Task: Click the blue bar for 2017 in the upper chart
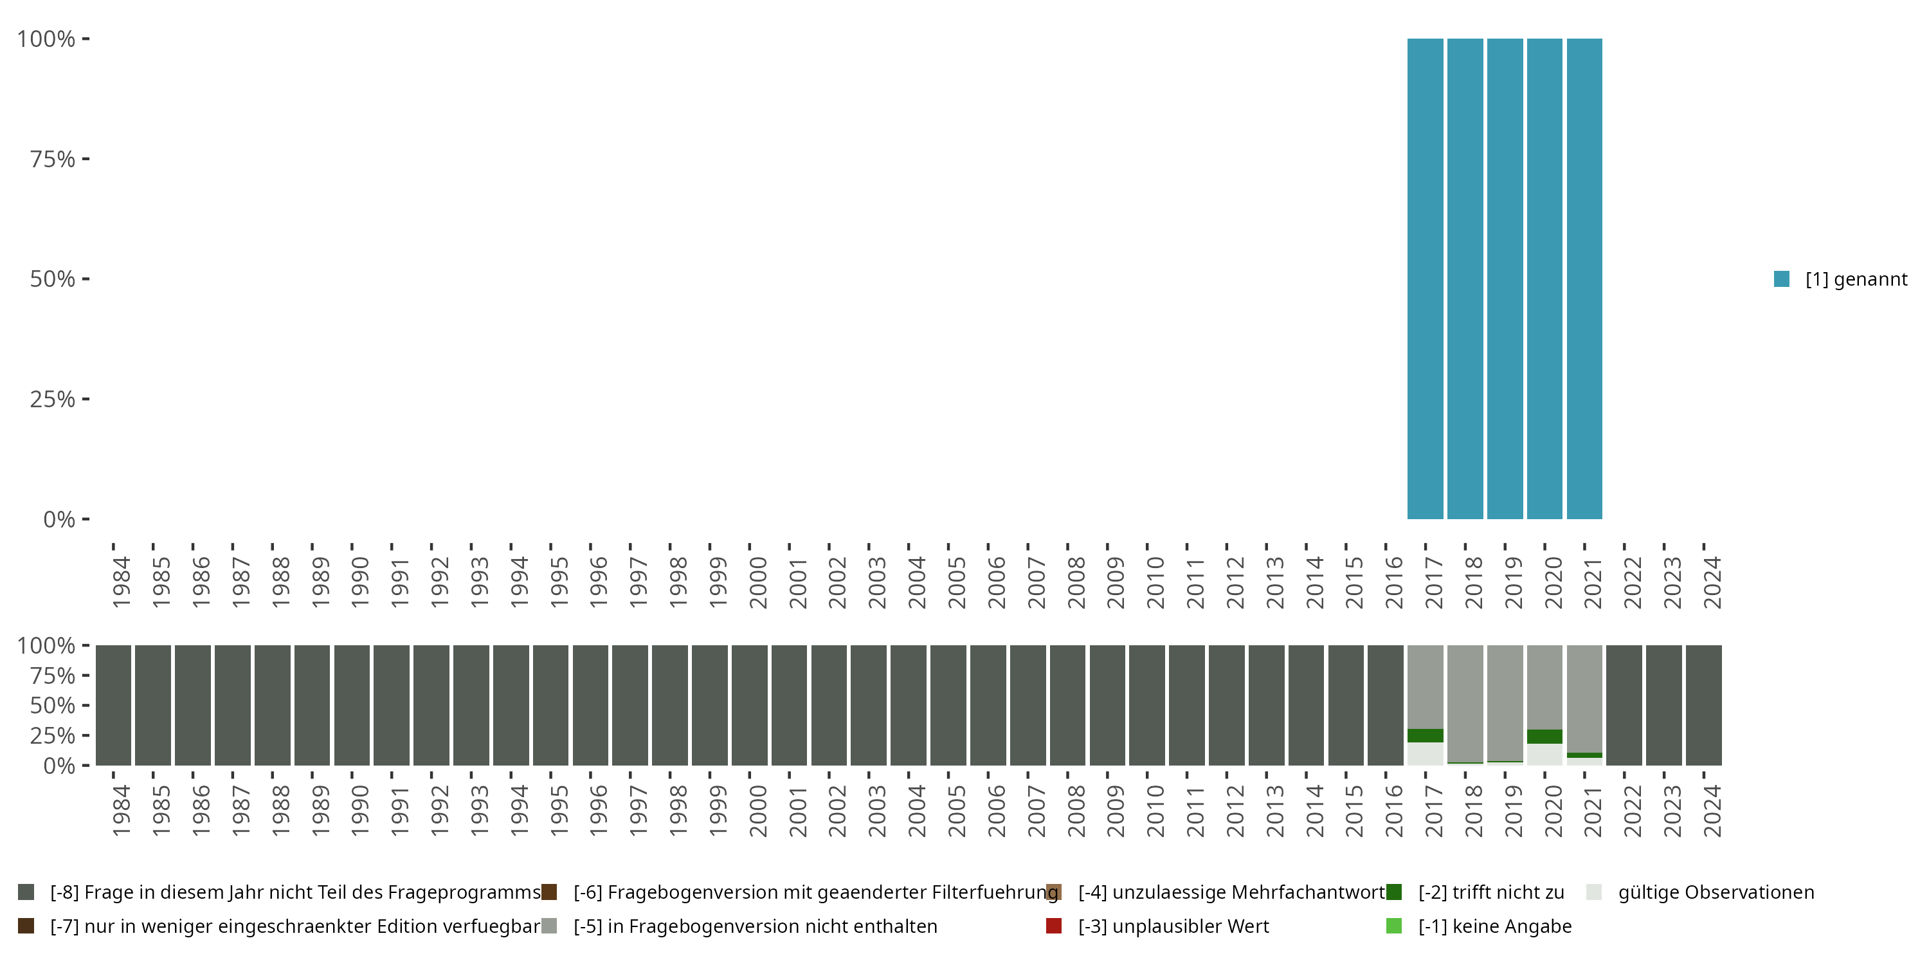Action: pyautogui.click(x=1425, y=279)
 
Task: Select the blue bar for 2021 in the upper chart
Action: pyautogui.click(x=1584, y=279)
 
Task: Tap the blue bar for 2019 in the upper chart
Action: pyautogui.click(x=1505, y=279)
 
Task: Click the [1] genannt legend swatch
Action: pyautogui.click(x=1782, y=279)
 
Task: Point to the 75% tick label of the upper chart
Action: pyautogui.click(x=53, y=159)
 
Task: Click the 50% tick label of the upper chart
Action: pyautogui.click(x=53, y=279)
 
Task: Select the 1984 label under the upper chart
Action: pyautogui.click(x=122, y=582)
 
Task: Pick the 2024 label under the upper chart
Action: pyautogui.click(x=1712, y=582)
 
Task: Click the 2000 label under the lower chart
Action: pyautogui.click(x=758, y=811)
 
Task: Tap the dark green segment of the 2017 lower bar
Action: pyautogui.click(x=1425, y=736)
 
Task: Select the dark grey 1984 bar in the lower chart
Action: pyautogui.click(x=114, y=705)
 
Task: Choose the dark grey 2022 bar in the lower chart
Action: pyautogui.click(x=1624, y=705)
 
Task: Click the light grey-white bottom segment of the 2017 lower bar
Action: pyautogui.click(x=1425, y=754)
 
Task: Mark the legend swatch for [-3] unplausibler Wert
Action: pyautogui.click(x=1054, y=926)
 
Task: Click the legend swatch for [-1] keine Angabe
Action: pyautogui.click(x=1393, y=926)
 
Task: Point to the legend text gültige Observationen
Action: pyautogui.click(x=1716, y=892)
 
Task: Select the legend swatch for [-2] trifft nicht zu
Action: pyautogui.click(x=1393, y=892)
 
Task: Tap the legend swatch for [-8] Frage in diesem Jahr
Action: pyautogui.click(x=26, y=892)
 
